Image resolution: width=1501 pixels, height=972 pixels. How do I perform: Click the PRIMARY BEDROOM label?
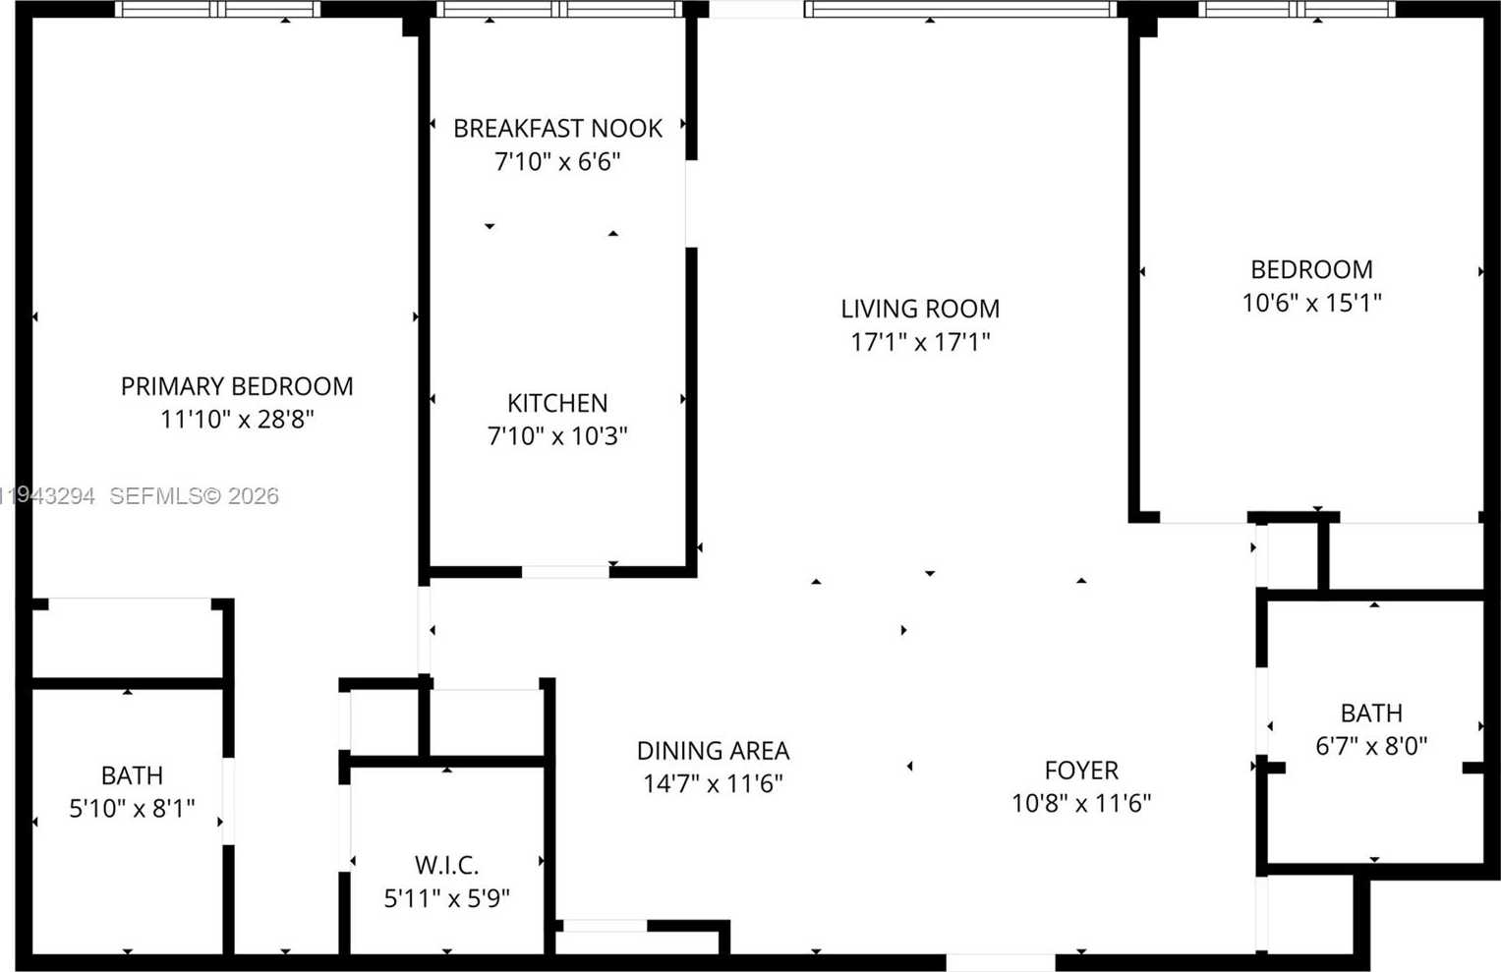click(237, 386)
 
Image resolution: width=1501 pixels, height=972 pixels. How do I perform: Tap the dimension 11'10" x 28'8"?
click(237, 420)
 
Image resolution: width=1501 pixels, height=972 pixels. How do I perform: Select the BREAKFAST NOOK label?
click(557, 129)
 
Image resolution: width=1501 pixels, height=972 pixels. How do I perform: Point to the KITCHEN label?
click(557, 403)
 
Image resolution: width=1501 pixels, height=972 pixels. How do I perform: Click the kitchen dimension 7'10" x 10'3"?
click(557, 435)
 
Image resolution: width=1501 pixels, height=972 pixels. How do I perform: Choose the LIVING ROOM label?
click(920, 309)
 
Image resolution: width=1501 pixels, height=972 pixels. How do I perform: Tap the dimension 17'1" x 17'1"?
click(920, 342)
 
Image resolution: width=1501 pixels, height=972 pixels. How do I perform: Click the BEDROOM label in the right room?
click(1311, 269)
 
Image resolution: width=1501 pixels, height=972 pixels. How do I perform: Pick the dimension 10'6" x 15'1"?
click(1311, 303)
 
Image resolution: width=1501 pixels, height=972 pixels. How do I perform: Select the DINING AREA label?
click(713, 751)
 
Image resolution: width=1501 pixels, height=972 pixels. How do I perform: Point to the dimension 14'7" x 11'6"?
click(713, 783)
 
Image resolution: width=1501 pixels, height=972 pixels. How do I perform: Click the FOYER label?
click(1081, 771)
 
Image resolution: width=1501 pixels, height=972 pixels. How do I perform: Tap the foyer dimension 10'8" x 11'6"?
click(1081, 803)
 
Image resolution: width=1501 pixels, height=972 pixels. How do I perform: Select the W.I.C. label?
click(446, 865)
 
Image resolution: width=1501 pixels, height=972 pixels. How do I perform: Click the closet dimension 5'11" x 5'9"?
click(446, 898)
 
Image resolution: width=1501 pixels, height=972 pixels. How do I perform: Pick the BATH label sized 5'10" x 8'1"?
click(132, 775)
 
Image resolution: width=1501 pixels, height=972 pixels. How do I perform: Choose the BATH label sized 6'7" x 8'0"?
click(1371, 713)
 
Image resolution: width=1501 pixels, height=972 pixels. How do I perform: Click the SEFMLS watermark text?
click(194, 496)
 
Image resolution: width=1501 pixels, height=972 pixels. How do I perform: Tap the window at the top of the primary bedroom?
click(217, 9)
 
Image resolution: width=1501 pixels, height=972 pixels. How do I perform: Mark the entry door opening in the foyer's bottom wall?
click(1000, 962)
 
